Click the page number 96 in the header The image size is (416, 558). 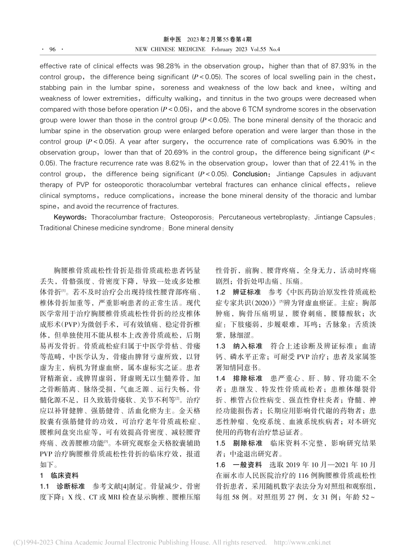tap(52, 49)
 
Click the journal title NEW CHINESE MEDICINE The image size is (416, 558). tap(169, 49)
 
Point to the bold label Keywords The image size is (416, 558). tap(70, 217)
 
